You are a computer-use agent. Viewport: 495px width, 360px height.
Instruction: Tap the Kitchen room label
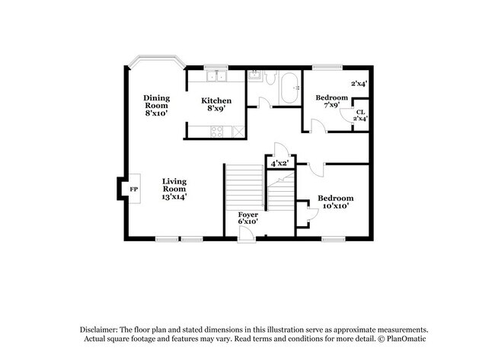click(216, 104)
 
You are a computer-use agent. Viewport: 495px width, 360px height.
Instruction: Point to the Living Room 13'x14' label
click(174, 189)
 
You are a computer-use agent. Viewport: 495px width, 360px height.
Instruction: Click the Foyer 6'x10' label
click(248, 218)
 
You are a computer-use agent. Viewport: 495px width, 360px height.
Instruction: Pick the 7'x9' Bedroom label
click(332, 102)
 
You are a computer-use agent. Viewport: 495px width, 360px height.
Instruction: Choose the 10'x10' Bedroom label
click(335, 202)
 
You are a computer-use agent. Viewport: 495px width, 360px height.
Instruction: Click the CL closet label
click(360, 113)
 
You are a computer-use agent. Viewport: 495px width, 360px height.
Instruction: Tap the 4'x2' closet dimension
click(278, 163)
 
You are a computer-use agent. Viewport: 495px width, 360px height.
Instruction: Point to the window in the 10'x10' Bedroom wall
click(332, 239)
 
